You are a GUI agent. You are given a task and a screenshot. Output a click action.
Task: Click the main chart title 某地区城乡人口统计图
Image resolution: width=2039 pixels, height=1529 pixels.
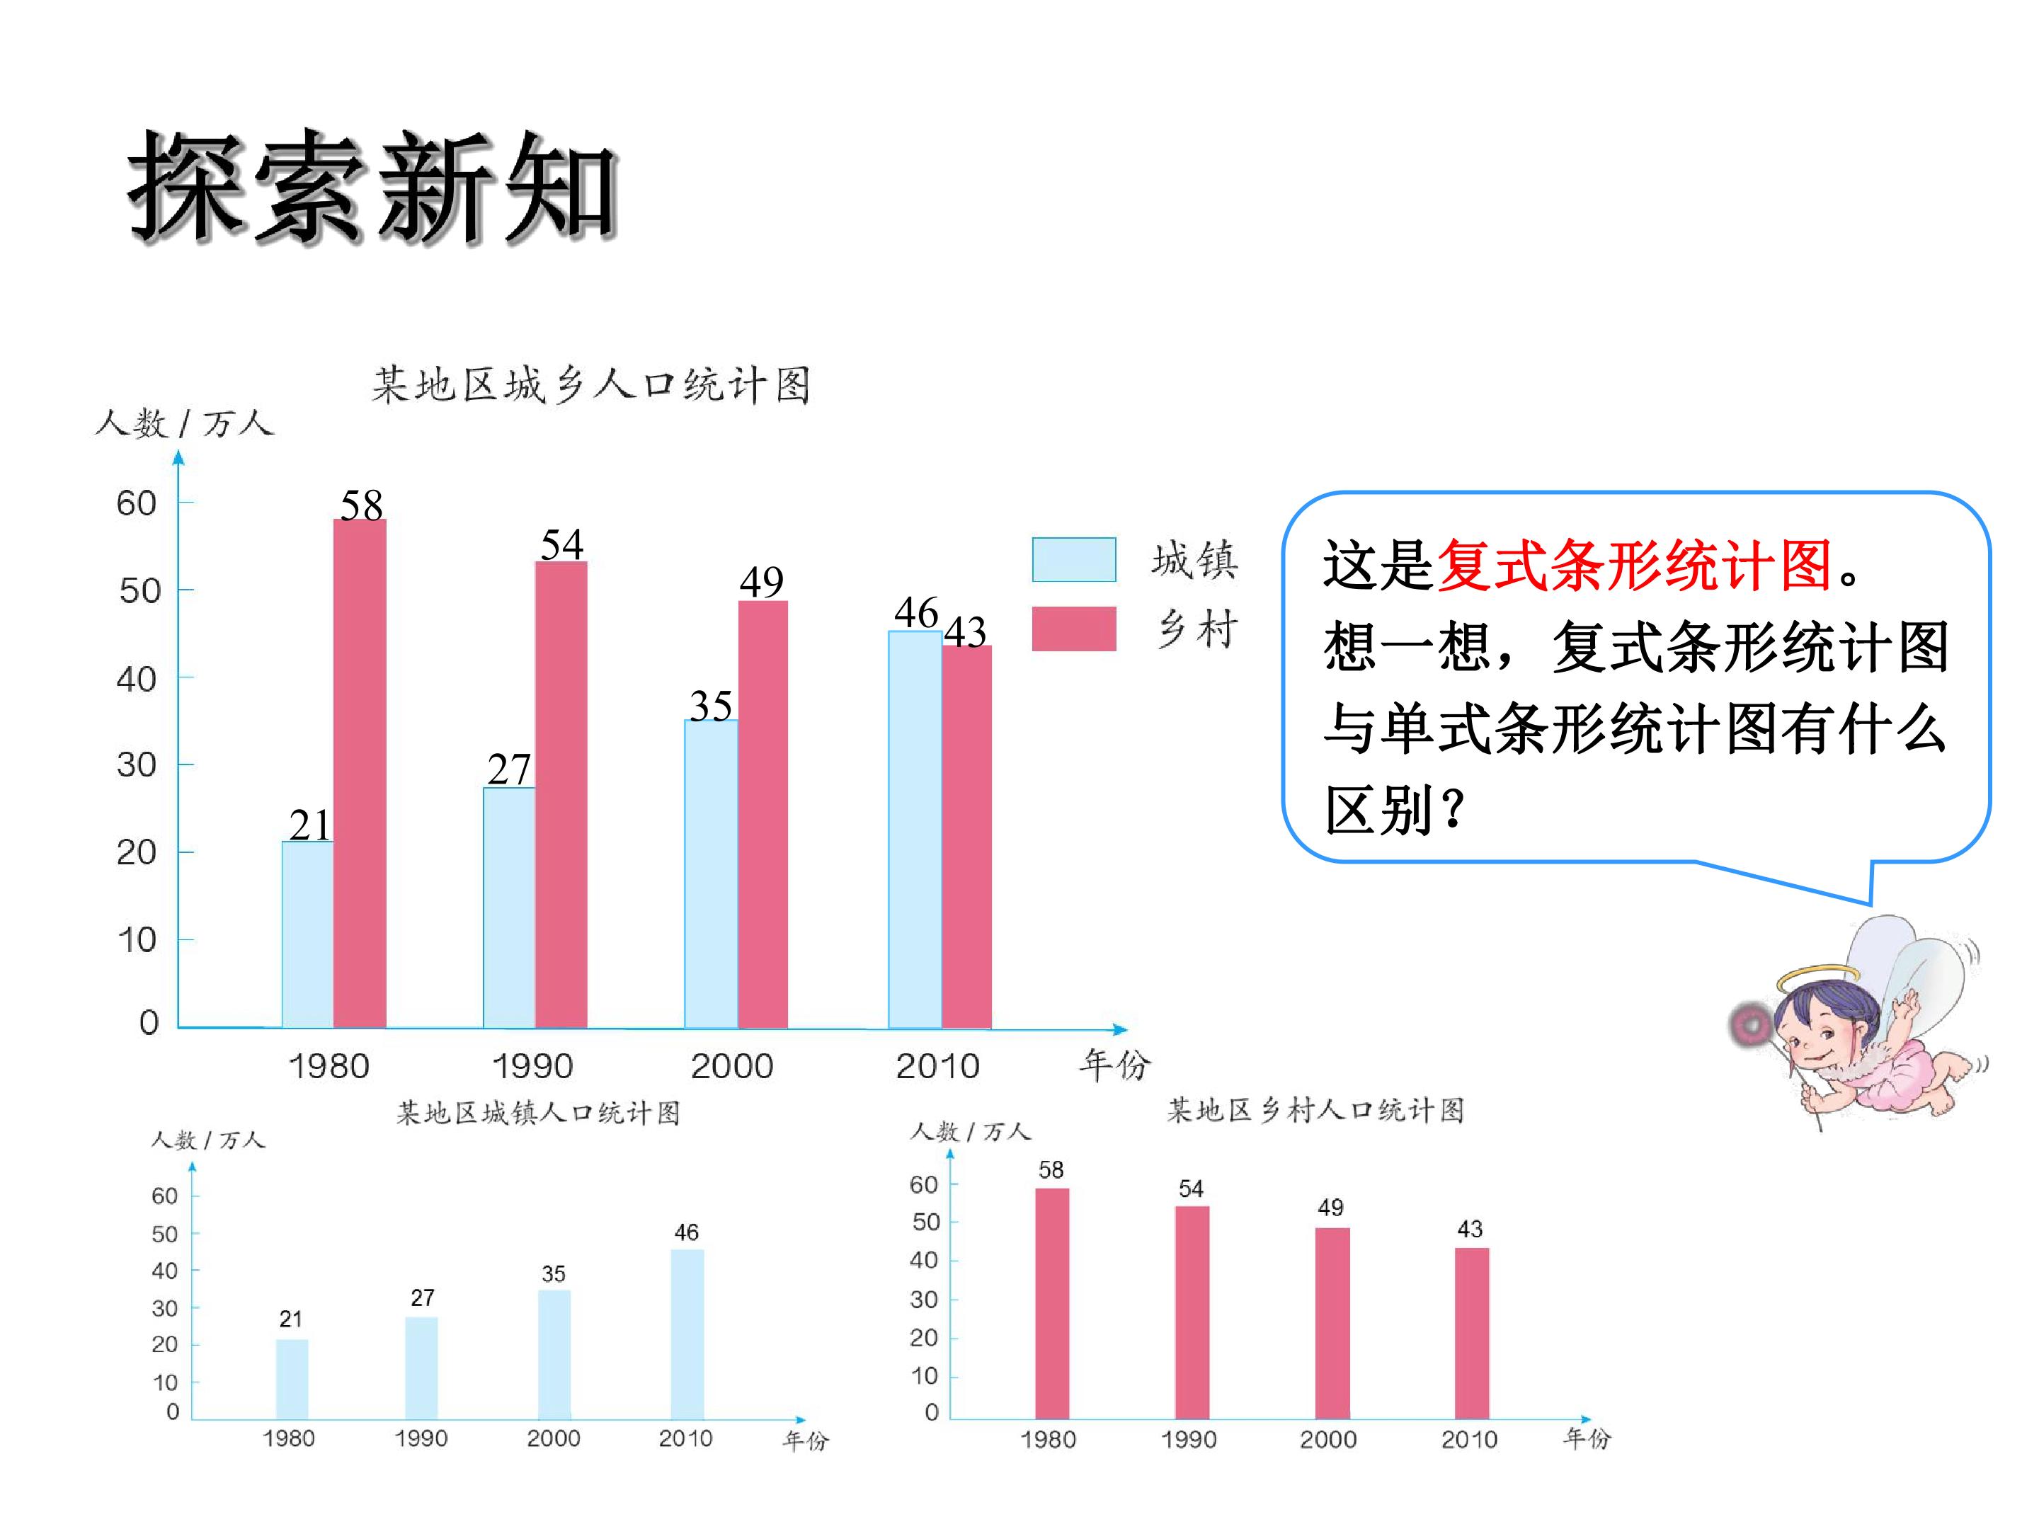pyautogui.click(x=591, y=384)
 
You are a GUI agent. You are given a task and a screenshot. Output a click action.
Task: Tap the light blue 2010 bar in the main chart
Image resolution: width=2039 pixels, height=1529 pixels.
pyautogui.click(x=915, y=830)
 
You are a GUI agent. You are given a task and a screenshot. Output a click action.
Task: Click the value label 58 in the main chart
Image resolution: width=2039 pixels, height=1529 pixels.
pyautogui.click(x=361, y=504)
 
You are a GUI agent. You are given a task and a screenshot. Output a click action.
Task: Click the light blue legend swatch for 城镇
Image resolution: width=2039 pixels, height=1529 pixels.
pyautogui.click(x=1074, y=559)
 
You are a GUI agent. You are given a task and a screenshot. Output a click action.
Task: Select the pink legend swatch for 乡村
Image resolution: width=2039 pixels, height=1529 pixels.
pyautogui.click(x=1074, y=629)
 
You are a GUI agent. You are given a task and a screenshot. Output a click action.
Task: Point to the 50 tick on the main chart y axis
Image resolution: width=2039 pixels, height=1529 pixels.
pyautogui.click(x=140, y=591)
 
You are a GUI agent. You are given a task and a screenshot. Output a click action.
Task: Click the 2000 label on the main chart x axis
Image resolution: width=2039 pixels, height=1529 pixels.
pyautogui.click(x=732, y=1066)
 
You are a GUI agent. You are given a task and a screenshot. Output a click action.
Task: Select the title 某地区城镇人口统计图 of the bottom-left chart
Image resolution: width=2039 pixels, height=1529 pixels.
pyautogui.click(x=538, y=1113)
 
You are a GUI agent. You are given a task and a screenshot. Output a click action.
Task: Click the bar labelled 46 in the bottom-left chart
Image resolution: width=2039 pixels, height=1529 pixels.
pyautogui.click(x=687, y=1334)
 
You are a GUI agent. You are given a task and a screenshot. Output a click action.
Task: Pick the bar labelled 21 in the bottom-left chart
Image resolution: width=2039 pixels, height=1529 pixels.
pyautogui.click(x=292, y=1380)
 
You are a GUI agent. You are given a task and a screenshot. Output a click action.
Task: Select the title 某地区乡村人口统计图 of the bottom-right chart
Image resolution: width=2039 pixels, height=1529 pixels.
pyautogui.click(x=1315, y=1111)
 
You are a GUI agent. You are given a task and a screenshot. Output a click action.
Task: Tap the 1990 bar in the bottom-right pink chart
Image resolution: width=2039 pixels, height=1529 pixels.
pyautogui.click(x=1192, y=1312)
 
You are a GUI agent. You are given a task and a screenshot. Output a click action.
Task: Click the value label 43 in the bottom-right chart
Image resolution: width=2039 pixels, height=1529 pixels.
pyautogui.click(x=1469, y=1229)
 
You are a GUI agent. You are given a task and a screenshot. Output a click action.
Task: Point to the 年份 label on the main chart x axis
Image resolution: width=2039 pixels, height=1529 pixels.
pyautogui.click(x=1115, y=1065)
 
